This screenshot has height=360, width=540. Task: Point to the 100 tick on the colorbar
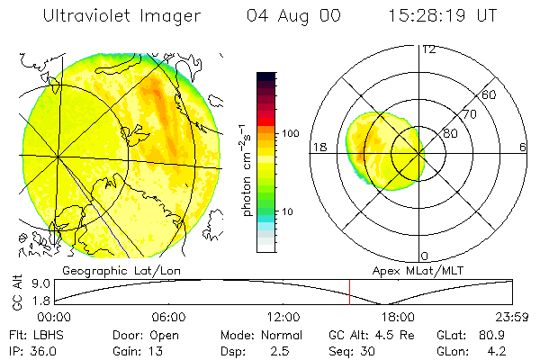tap(292, 133)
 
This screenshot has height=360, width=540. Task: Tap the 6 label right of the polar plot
tap(523, 147)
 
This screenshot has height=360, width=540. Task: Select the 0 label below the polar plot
tap(425, 256)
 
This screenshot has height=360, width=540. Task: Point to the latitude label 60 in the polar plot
tap(490, 94)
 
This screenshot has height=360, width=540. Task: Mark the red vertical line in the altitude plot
tap(349, 292)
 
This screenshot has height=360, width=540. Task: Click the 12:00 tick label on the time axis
tap(283, 318)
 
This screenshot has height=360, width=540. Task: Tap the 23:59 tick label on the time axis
tap(514, 318)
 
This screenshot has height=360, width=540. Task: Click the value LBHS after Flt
tap(49, 335)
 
